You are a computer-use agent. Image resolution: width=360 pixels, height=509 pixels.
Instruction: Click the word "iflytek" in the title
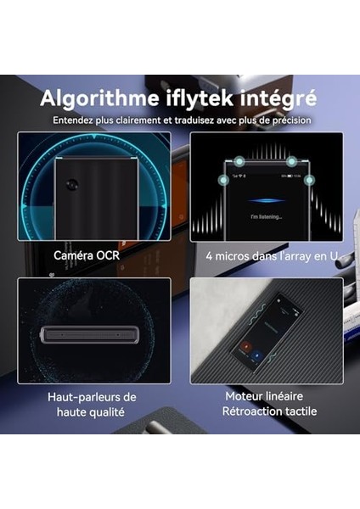pyautogui.click(x=206, y=98)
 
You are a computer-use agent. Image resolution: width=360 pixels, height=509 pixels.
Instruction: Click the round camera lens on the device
pyautogui.click(x=75, y=185)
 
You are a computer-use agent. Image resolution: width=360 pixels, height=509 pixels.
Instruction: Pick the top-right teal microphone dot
pyautogui.click(x=291, y=161)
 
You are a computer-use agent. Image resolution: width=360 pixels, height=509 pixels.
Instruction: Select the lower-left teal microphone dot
pyautogui.click(x=222, y=179)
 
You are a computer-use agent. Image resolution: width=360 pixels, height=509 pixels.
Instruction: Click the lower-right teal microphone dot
pyautogui.click(x=309, y=179)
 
